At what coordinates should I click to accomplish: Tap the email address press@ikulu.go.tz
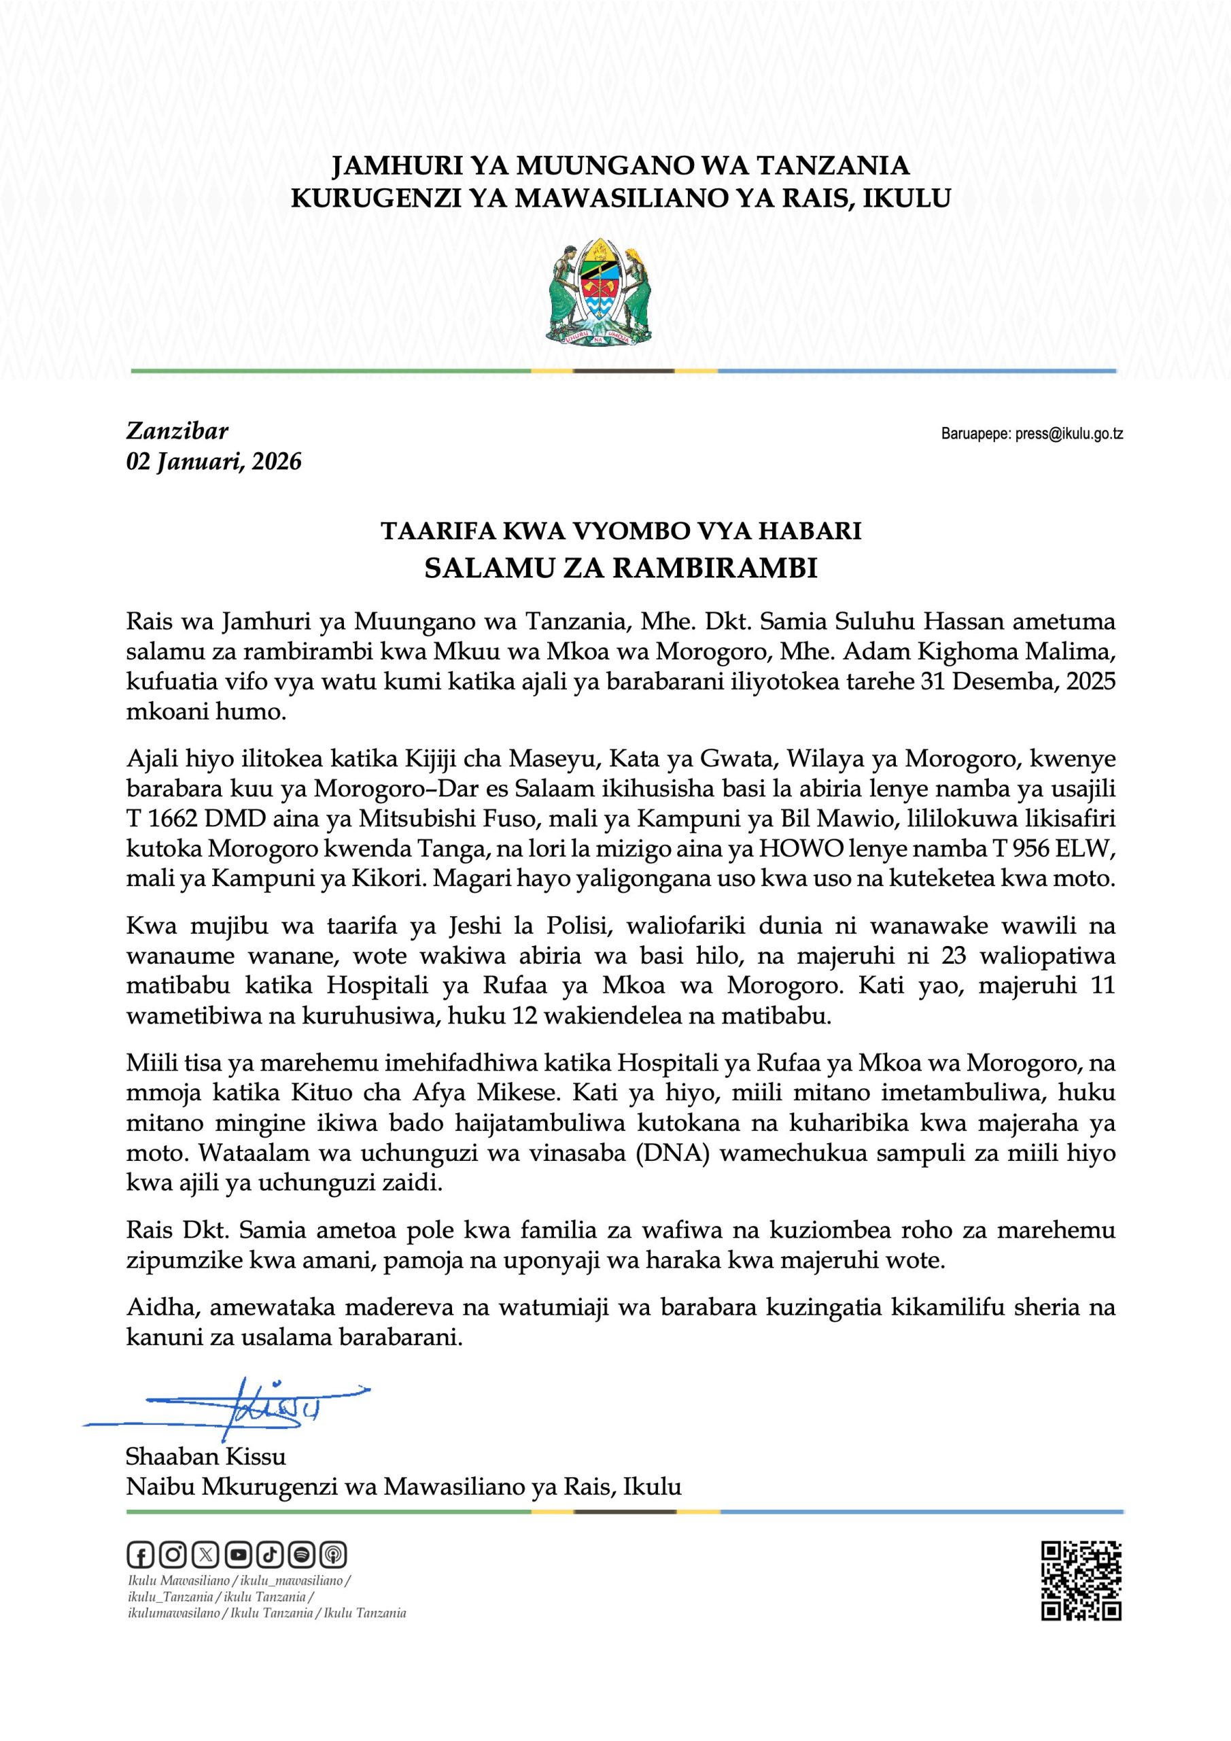pyautogui.click(x=1069, y=435)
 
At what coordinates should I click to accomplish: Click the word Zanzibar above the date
pyautogui.click(x=177, y=430)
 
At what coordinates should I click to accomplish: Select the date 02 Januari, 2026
pyautogui.click(x=213, y=461)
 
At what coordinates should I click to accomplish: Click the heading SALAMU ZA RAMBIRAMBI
pyautogui.click(x=621, y=568)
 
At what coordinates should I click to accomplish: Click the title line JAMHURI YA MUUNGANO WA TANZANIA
pyautogui.click(x=621, y=165)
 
